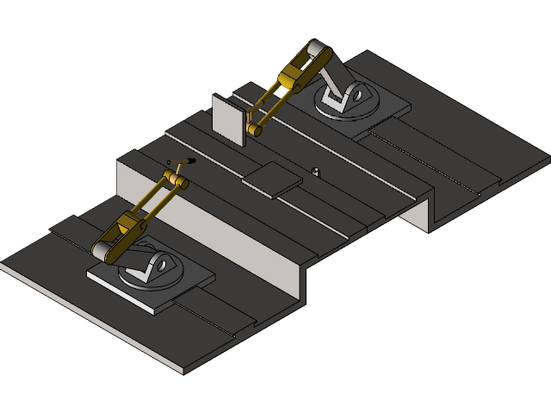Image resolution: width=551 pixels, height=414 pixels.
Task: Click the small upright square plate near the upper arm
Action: pyautogui.click(x=227, y=118)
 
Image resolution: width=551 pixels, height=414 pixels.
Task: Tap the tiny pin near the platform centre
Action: pyautogui.click(x=316, y=171)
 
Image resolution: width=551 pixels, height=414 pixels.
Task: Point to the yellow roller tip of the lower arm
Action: pyautogui.click(x=181, y=182)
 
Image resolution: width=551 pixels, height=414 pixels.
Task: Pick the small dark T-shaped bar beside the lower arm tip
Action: pyautogui.click(x=182, y=161)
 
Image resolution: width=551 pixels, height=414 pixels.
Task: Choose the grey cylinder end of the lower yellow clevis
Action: pyautogui.click(x=104, y=252)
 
